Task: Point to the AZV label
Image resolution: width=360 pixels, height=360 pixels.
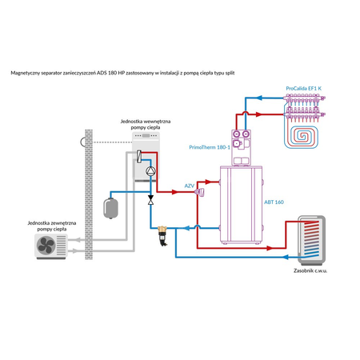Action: coord(190,185)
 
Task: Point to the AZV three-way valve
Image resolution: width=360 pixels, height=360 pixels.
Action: coord(201,192)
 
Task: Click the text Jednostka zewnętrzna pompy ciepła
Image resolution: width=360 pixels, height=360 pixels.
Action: coord(46,225)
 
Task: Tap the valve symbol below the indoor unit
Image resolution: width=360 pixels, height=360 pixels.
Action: coord(151,202)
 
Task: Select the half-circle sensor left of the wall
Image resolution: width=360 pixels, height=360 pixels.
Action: coord(75,142)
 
